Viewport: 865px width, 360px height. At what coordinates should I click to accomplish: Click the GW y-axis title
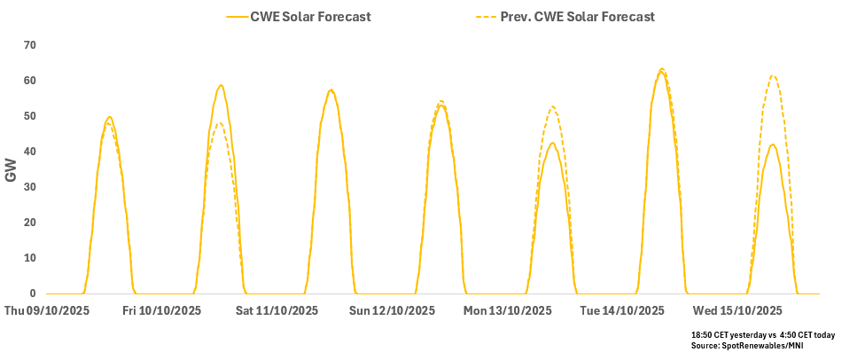pos(12,170)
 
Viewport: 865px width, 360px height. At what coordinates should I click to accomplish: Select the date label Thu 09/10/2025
pos(45,311)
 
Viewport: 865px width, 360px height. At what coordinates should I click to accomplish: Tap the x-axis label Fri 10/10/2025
pos(162,311)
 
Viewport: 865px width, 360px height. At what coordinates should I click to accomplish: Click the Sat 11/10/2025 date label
pos(277,311)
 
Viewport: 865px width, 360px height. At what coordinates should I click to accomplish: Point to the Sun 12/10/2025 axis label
pos(393,311)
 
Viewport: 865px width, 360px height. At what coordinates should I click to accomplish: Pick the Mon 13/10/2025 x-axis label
pos(508,311)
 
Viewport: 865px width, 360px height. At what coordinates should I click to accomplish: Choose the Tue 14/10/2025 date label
pos(622,311)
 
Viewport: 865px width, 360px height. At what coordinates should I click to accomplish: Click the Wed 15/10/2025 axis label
pos(738,311)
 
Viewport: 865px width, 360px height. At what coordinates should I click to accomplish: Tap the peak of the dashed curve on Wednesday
pos(774,75)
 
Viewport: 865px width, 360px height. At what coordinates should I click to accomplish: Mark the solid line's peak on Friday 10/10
pos(221,85)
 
